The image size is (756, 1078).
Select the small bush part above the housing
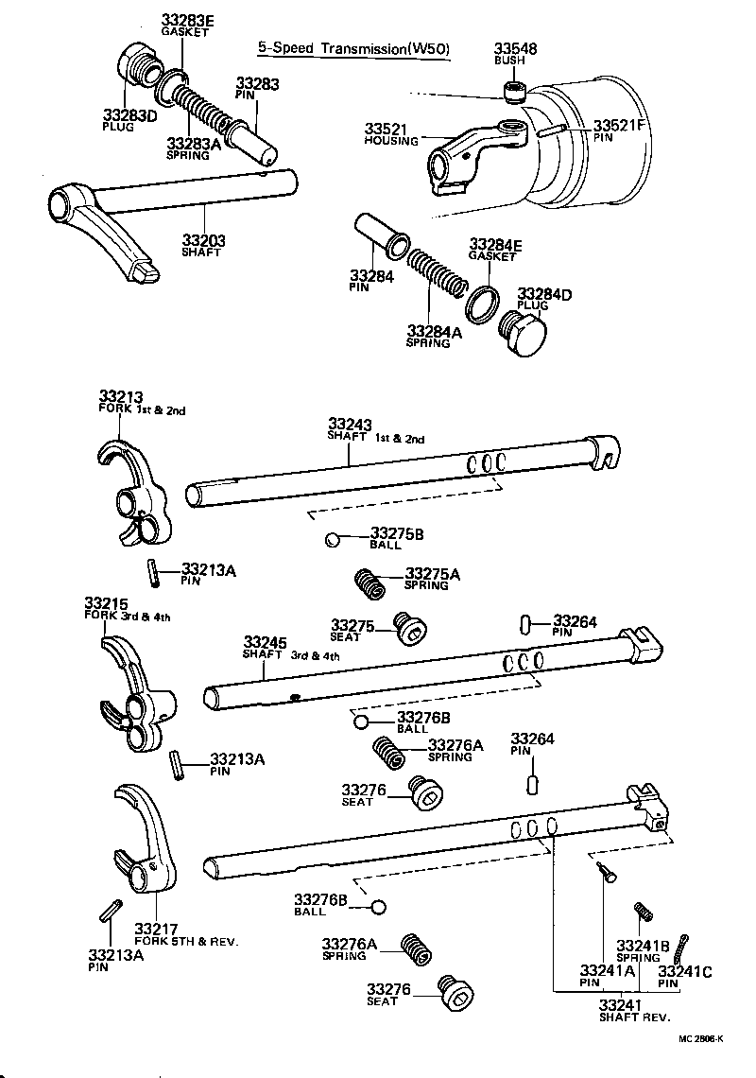click(x=513, y=91)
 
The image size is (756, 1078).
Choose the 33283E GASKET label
click(x=185, y=24)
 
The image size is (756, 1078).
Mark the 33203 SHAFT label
click(x=204, y=246)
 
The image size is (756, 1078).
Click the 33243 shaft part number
click(x=351, y=425)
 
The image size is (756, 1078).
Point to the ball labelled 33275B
click(x=332, y=541)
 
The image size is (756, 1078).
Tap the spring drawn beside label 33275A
click(x=369, y=582)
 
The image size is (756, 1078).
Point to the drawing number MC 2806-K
click(x=700, y=1039)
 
